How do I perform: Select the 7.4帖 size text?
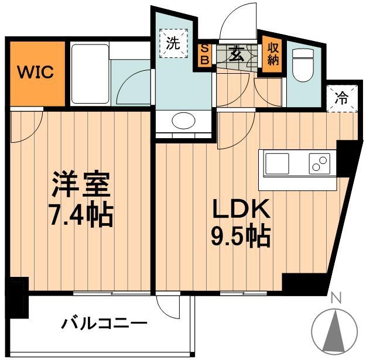tap(80, 216)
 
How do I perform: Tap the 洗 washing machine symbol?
tap(173, 43)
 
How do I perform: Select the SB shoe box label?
tap(205, 54)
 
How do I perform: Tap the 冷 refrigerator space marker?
tap(340, 98)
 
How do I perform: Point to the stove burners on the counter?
tap(320, 164)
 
